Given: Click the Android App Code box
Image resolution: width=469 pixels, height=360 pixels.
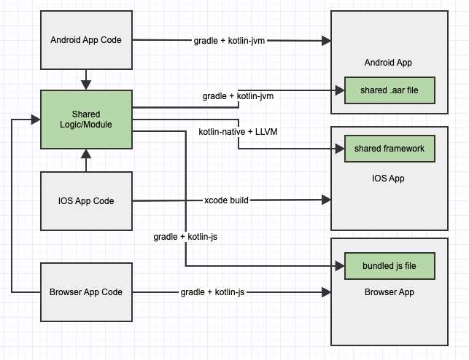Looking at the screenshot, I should [x=86, y=40].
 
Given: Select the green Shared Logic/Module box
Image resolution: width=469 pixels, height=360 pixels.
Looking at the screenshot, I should [x=86, y=120].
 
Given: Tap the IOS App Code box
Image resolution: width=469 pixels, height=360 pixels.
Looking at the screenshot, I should [x=86, y=200].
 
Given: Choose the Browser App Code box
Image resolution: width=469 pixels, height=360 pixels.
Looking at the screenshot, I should [x=86, y=291].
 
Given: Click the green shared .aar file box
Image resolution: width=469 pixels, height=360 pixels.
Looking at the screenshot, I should [x=389, y=90].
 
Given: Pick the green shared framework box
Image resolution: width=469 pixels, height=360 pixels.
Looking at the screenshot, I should [x=389, y=149].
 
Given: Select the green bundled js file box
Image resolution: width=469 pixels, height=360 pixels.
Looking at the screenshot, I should [x=389, y=266].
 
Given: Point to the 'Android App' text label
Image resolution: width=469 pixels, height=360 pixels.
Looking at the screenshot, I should [x=389, y=62].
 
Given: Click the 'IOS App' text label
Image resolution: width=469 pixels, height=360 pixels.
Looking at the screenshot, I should [x=389, y=178].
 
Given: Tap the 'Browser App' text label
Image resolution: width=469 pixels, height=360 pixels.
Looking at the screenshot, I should [x=389, y=291].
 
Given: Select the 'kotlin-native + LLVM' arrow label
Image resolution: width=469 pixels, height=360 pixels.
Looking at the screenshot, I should [x=238, y=131].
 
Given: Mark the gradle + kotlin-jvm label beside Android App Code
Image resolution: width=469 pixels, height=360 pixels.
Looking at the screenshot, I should [x=228, y=40].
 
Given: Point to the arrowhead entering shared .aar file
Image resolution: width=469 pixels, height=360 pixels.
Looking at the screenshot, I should [x=339, y=90].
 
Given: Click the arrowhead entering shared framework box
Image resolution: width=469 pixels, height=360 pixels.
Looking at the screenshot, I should [x=339, y=149].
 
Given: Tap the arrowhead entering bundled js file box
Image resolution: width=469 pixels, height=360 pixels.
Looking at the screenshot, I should [x=339, y=266].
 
